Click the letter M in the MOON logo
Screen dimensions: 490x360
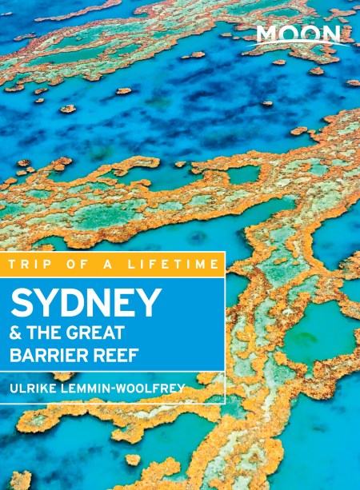[268, 34]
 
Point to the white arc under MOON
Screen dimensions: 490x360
[300, 46]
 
